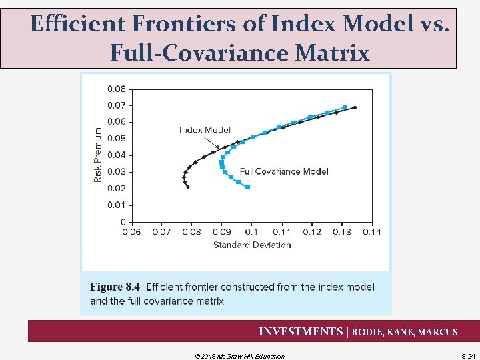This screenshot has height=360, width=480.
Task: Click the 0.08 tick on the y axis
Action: coord(116,88)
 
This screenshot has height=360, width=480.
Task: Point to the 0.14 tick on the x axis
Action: coord(372,232)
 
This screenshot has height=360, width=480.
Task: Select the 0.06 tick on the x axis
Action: coord(131,232)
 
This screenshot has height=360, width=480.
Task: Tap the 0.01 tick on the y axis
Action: coord(116,205)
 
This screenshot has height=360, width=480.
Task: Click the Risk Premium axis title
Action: coord(98,155)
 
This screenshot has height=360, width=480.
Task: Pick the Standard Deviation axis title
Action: coord(252,245)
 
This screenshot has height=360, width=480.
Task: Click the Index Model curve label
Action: coord(205,130)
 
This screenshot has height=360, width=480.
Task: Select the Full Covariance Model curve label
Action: coord(284,171)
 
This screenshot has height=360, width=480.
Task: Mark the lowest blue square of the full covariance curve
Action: coord(247,187)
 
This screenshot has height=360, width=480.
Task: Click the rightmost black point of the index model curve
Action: coord(355,107)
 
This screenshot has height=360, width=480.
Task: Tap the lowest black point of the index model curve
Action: coord(188,187)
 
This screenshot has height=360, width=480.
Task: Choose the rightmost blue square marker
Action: coord(345,107)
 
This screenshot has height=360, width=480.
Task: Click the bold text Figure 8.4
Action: coord(115,287)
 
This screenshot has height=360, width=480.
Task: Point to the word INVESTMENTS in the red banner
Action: coord(300,331)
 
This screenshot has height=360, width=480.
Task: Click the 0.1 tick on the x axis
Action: coord(251,232)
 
